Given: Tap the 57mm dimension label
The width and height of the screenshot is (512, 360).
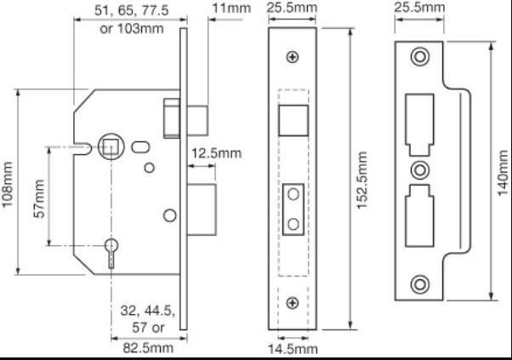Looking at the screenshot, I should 38,197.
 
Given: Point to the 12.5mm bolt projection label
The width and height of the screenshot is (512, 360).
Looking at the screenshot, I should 215,153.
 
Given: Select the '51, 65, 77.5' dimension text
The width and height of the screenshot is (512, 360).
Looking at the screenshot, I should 128,10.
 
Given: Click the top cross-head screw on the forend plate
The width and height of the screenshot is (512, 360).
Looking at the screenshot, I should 293,57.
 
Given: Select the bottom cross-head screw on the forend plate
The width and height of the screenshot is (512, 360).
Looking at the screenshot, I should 293,302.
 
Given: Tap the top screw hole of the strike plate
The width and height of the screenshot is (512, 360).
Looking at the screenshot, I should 419,58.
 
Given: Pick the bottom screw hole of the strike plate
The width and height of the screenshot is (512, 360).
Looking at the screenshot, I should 419,283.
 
